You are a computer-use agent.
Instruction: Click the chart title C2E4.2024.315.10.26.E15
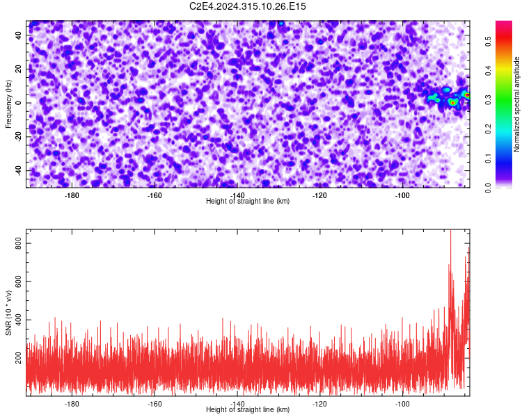[x=247, y=6]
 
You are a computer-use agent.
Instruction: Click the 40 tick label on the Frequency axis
[x=18, y=35]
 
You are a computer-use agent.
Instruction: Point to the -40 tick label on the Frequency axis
[x=18, y=170]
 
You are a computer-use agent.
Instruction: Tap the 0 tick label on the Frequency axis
[x=18, y=103]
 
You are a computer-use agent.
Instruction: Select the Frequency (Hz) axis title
[x=8, y=104]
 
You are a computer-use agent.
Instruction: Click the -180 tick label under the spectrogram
[x=71, y=195]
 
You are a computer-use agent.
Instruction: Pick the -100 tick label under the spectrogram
[x=402, y=195]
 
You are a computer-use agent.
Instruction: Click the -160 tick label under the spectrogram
[x=154, y=195]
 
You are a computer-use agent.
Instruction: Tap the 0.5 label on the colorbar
[x=488, y=42]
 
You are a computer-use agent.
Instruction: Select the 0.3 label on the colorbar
[x=488, y=100]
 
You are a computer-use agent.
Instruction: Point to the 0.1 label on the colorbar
[x=488, y=158]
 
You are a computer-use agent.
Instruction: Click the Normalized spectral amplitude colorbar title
[x=516, y=104]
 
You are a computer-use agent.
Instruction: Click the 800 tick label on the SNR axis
[x=18, y=243]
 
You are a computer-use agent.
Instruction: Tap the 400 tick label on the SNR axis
[x=18, y=320]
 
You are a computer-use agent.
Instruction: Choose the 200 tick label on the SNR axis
[x=18, y=358]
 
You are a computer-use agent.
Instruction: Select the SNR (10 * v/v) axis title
[x=8, y=313]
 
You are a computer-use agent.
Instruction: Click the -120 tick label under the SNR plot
[x=319, y=404]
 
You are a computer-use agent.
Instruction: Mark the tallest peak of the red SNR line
[x=451, y=230]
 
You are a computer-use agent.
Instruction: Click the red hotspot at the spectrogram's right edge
[x=468, y=95]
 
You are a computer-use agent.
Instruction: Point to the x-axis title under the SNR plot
[x=248, y=409]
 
